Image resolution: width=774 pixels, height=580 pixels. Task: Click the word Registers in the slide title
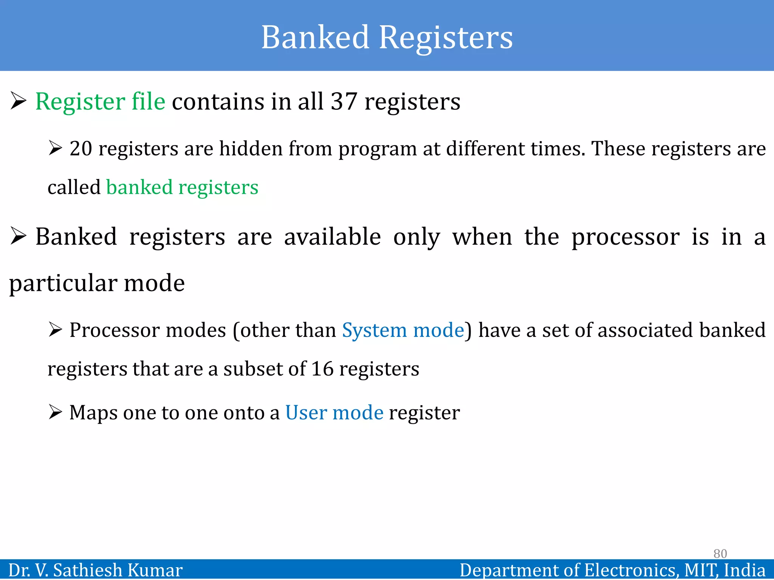click(446, 38)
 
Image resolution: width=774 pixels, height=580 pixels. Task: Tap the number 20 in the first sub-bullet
click(81, 148)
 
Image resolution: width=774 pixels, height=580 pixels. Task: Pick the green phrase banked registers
click(182, 187)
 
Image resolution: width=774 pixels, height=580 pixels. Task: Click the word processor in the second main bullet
click(625, 237)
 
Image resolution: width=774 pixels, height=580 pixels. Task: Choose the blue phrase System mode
click(403, 330)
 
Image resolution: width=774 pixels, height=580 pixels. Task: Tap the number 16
click(322, 369)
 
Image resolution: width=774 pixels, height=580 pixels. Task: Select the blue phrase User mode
click(334, 412)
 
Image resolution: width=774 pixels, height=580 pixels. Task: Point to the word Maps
click(93, 413)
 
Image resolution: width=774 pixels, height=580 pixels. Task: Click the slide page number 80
click(720, 554)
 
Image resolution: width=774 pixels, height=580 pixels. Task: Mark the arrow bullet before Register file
click(18, 101)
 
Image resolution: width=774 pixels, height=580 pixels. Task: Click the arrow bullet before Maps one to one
click(55, 412)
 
